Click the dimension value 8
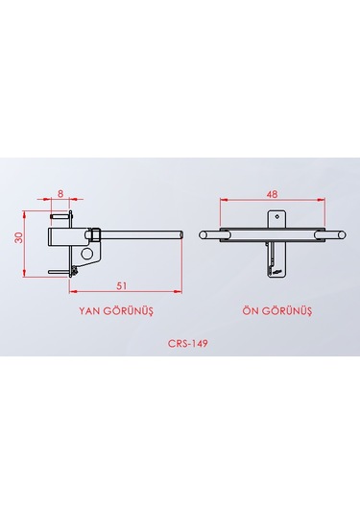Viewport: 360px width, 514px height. click(61, 193)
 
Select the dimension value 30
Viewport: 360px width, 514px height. click(19, 238)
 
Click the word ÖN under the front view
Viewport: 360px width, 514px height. click(252, 312)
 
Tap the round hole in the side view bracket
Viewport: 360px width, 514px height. click(87, 254)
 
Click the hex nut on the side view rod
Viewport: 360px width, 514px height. click(97, 233)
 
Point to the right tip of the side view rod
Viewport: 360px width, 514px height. click(179, 233)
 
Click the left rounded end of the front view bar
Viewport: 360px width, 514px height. click(203, 233)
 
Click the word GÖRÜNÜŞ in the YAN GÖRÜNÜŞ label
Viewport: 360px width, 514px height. click(130, 312)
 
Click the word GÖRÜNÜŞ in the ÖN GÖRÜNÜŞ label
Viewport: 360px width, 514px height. click(290, 312)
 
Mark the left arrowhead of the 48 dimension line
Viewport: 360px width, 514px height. click(223, 200)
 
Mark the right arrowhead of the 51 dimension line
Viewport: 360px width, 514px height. click(179, 289)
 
